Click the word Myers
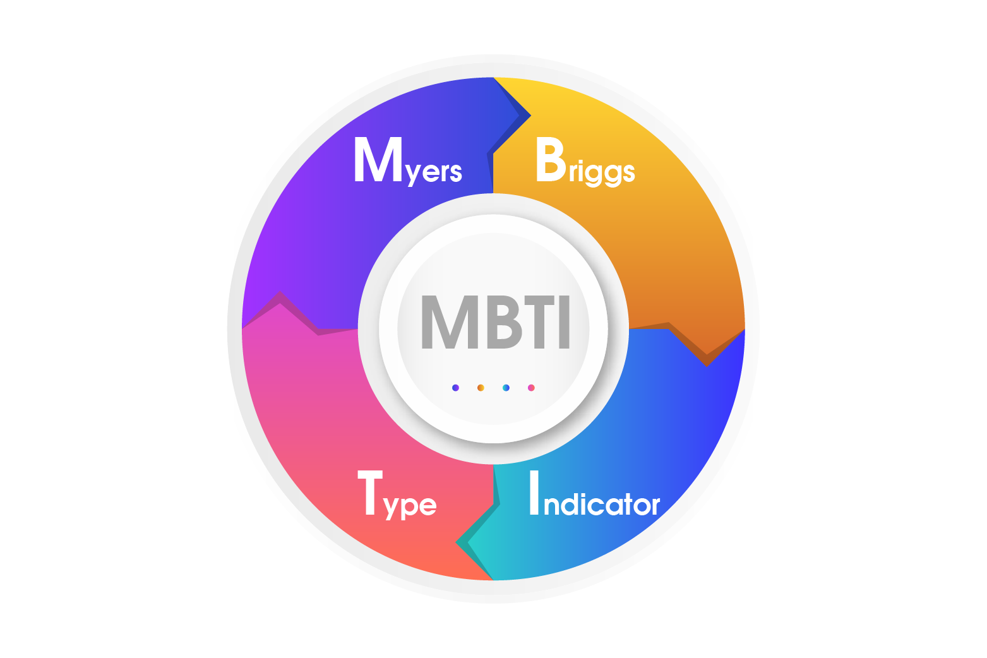408,161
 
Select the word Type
397,495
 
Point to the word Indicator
594,495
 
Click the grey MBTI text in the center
494,322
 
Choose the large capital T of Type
370,493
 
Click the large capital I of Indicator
534,493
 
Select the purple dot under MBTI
455,388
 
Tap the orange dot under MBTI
481,388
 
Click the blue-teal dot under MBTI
506,388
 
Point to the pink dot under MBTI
531,388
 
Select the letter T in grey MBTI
532,322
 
